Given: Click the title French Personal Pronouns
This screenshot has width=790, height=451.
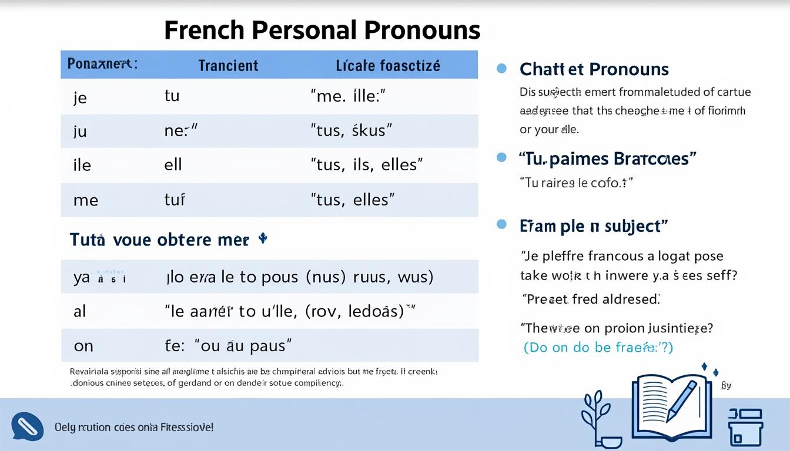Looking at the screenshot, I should pyautogui.click(x=322, y=30).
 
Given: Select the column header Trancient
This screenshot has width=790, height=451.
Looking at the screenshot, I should pyautogui.click(x=228, y=65).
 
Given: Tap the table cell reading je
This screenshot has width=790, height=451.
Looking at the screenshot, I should pyautogui.click(x=80, y=97).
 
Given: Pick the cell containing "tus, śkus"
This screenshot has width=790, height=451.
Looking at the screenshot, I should pyautogui.click(x=351, y=130).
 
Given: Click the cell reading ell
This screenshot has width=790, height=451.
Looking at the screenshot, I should pyautogui.click(x=173, y=164).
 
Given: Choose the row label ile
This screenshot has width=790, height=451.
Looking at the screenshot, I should pyautogui.click(x=82, y=165).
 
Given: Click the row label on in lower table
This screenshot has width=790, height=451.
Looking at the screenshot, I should pyautogui.click(x=83, y=346).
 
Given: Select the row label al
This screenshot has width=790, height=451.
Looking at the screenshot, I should pyautogui.click(x=80, y=311).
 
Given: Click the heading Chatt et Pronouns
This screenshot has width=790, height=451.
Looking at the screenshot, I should pyautogui.click(x=594, y=69).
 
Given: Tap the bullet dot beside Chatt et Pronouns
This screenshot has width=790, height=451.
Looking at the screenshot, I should pyautogui.click(x=501, y=69).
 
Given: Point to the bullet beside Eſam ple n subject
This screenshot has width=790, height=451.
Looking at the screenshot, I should pyautogui.click(x=501, y=224).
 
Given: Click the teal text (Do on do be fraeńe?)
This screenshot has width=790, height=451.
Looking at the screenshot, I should pyautogui.click(x=598, y=347).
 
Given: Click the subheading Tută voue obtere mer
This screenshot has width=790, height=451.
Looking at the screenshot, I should pyautogui.click(x=159, y=240).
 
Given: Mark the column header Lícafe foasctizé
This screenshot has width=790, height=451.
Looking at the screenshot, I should pyautogui.click(x=387, y=65).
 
